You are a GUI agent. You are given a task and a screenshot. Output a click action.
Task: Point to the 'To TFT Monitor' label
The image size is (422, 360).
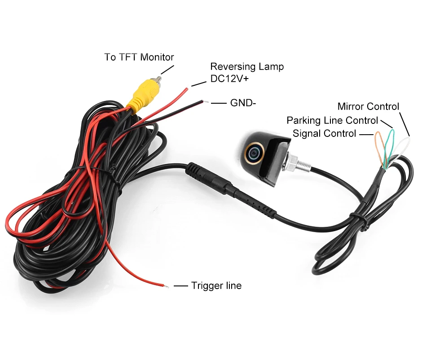(x=139, y=57)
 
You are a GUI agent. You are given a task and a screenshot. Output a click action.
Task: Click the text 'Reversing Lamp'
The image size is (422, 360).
(x=247, y=66)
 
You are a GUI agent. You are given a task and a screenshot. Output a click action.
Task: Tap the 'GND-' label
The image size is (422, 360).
(x=243, y=103)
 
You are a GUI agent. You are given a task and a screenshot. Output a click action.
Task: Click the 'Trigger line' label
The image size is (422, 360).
(x=216, y=285)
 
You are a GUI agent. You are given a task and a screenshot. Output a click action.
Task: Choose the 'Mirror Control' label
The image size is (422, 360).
(x=368, y=106)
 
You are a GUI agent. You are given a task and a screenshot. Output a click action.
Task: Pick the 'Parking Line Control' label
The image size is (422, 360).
(x=332, y=120)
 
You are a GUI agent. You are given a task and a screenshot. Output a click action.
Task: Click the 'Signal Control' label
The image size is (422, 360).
(x=324, y=133)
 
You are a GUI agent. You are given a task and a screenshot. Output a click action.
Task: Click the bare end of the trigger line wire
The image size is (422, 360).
(x=166, y=285)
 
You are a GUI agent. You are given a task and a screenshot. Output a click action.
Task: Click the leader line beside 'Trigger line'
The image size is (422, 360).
(x=180, y=285)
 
